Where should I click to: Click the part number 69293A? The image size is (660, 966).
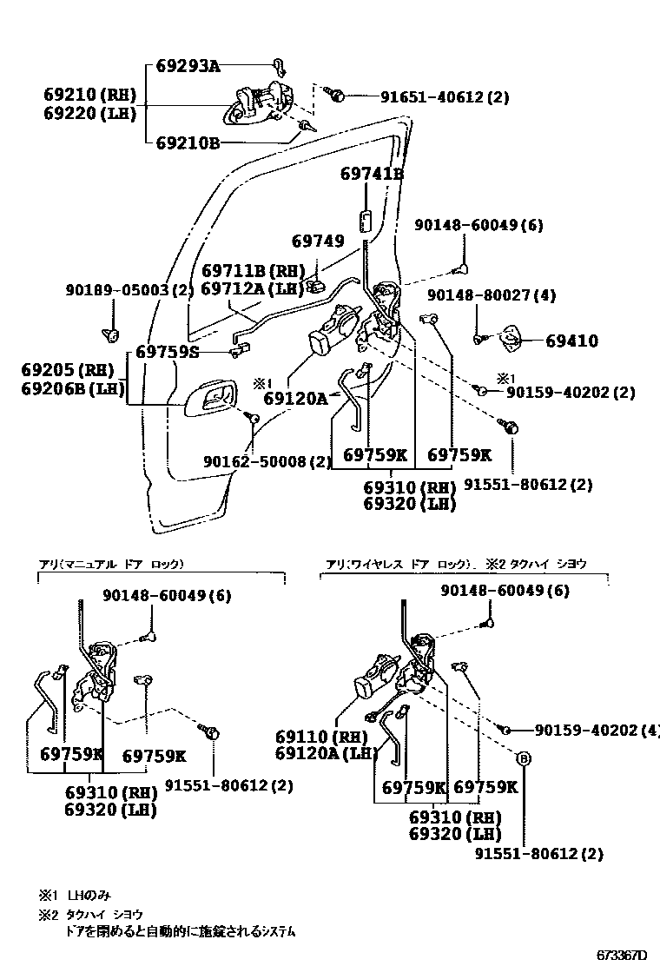coord(188,66)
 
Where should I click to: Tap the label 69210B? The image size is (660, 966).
coord(188,142)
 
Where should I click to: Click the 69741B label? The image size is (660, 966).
coord(372,175)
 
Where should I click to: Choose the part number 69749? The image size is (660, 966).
coord(318,241)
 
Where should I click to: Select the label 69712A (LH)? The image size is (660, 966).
coord(253,288)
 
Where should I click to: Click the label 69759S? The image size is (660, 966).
coord(168,353)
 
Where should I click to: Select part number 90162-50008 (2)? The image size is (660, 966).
coord(267,461)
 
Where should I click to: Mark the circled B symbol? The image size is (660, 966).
coord(524,758)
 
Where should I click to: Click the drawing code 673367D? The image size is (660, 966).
coord(621,955)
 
